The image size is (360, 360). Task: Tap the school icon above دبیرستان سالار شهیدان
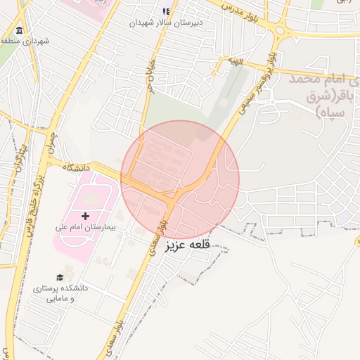(166, 11)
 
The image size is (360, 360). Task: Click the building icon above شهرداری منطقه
(18, 31)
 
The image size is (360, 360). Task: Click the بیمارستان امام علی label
(85, 228)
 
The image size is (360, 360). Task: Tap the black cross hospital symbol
(86, 216)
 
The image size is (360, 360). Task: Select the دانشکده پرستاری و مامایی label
(60, 293)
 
